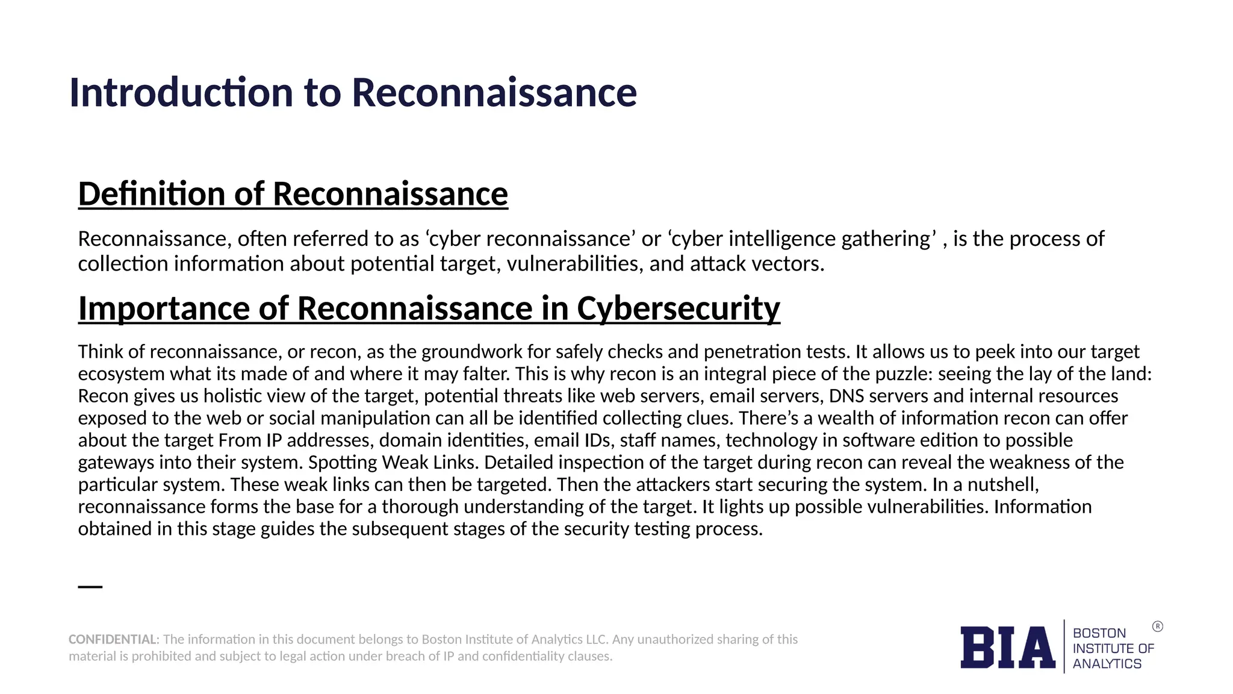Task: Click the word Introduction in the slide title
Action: pyautogui.click(x=181, y=93)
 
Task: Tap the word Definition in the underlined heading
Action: pyautogui.click(x=151, y=194)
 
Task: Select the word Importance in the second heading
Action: pyautogui.click(x=163, y=308)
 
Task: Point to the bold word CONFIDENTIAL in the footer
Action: pyautogui.click(x=113, y=639)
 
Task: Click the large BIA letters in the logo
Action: pyautogui.click(x=1007, y=648)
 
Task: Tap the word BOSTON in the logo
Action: pyautogui.click(x=1099, y=633)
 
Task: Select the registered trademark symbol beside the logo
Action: pyautogui.click(x=1158, y=627)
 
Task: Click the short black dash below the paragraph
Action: pyautogui.click(x=90, y=586)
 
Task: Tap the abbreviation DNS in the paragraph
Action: pyautogui.click(x=846, y=396)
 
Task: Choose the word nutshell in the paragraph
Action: pyautogui.click(x=1003, y=485)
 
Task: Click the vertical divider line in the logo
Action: pyautogui.click(x=1064, y=646)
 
